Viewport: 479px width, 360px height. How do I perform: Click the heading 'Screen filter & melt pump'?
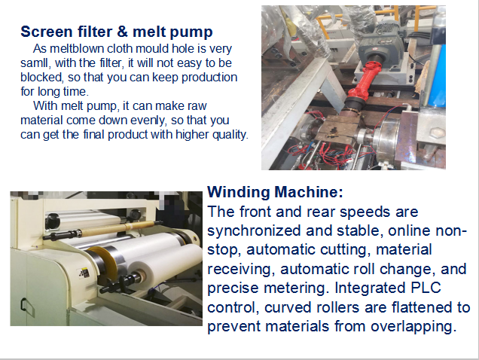point(117,32)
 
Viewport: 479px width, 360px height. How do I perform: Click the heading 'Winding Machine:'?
point(275,192)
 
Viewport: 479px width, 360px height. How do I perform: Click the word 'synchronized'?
point(254,230)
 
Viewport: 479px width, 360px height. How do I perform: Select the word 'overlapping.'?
point(413,326)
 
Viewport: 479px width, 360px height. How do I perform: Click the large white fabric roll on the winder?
point(162,258)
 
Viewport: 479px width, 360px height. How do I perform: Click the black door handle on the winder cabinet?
point(23,304)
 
